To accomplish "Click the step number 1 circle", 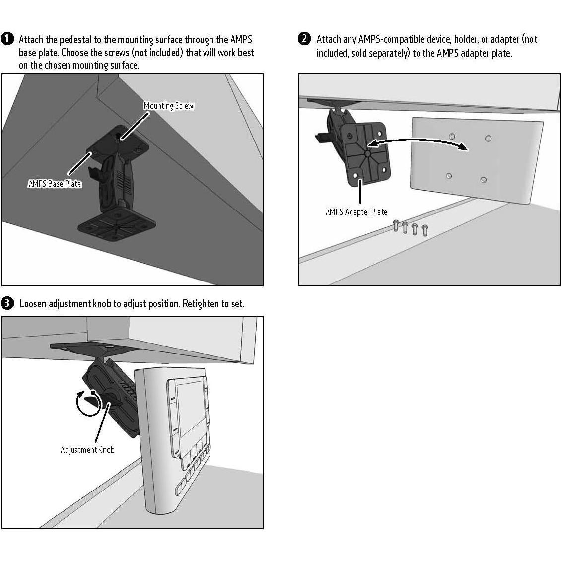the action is click(x=7, y=39).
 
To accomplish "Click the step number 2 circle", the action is click(x=304, y=39).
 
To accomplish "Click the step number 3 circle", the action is click(x=7, y=303).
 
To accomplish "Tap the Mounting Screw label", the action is click(x=168, y=106).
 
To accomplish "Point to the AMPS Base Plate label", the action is click(x=55, y=184).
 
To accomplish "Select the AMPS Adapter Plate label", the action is click(x=356, y=212).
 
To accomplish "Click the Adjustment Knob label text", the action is click(x=88, y=450).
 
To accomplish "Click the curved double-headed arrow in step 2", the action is click(x=418, y=140).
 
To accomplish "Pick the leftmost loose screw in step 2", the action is click(x=396, y=225).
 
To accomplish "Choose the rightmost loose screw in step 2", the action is click(x=424, y=230).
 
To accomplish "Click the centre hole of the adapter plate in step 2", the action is click(x=367, y=153).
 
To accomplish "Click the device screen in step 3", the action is click(x=190, y=409).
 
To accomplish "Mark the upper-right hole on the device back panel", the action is click(x=488, y=138).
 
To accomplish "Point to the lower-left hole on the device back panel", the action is click(x=449, y=176).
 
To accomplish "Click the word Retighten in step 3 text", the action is click(x=201, y=304).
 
